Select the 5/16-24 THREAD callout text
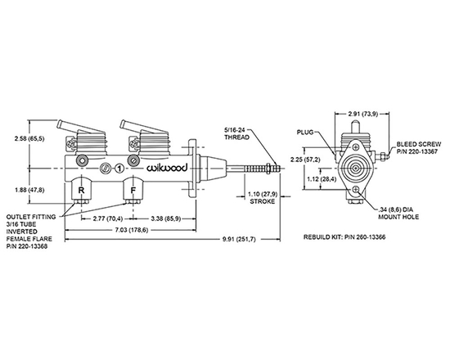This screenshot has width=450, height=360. click(x=238, y=133)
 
